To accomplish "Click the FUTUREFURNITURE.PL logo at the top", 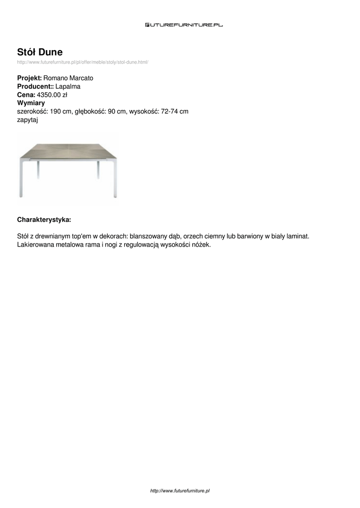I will [x=184, y=24].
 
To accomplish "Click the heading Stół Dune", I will [x=40, y=52].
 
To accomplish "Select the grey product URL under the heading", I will [x=83, y=62].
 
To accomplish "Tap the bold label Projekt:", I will [x=30, y=78].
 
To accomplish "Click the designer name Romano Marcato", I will [x=69, y=78].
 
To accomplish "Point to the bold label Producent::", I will [x=35, y=86].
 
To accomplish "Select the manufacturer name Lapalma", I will [x=68, y=86].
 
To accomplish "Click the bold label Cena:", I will [x=26, y=94].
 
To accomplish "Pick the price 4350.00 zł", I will [x=52, y=94].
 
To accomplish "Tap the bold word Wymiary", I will [x=31, y=103].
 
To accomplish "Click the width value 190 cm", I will [x=61, y=111].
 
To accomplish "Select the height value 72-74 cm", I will [x=175, y=111].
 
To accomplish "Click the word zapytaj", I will [x=28, y=120].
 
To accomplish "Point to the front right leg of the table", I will [x=115, y=179].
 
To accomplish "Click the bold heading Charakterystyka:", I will [x=44, y=219].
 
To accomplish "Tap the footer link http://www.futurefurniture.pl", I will [x=180, y=491].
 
